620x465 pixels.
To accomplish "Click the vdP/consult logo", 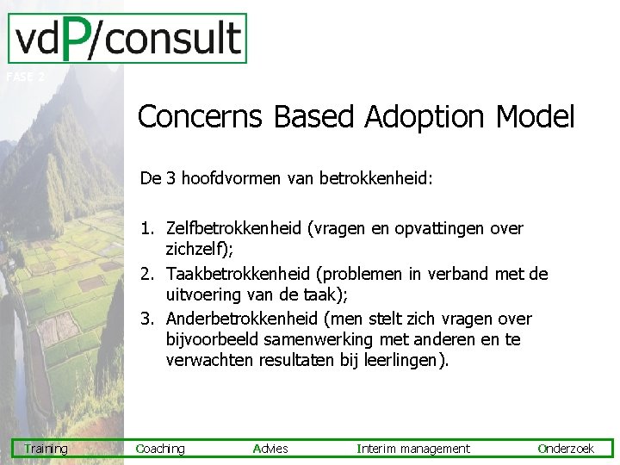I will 127,39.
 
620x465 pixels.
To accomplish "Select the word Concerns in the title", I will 200,116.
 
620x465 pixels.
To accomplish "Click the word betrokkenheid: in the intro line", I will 376,178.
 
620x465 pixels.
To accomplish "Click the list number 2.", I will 148,274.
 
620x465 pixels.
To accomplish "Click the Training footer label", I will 46,449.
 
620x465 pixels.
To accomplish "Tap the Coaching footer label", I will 160,449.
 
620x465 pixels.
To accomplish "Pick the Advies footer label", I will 271,449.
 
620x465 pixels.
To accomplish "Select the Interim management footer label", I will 413,449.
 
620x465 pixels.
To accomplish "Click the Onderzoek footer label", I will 566,449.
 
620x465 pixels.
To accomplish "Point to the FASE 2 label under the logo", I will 25,77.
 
